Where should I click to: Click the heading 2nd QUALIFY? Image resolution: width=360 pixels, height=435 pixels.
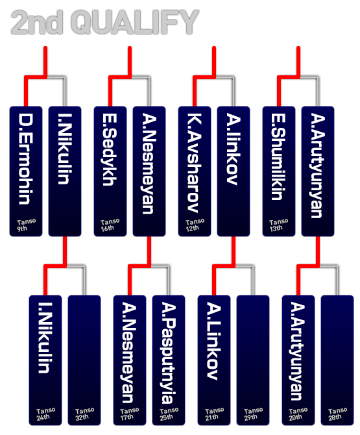click(105, 22)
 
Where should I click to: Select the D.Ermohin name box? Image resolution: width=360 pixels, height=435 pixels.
click(26, 171)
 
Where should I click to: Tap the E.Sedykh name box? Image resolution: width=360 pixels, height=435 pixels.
click(110, 171)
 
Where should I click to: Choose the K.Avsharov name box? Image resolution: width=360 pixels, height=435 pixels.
click(195, 171)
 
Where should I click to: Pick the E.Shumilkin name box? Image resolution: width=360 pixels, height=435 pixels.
click(279, 171)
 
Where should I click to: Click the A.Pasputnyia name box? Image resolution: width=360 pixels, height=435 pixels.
click(169, 360)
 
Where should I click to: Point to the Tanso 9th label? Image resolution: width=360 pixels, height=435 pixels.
click(26, 225)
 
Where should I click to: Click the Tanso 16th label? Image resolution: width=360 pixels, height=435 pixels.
click(110, 225)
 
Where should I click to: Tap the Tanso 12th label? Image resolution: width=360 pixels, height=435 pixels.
click(195, 225)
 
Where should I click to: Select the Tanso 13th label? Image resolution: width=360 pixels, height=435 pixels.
click(278, 225)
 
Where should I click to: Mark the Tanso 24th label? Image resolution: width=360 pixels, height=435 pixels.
click(45, 414)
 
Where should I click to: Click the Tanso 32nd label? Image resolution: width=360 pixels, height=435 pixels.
click(84, 414)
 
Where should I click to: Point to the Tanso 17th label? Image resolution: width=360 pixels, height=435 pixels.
click(130, 414)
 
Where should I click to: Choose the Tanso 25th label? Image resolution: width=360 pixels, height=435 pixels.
click(169, 414)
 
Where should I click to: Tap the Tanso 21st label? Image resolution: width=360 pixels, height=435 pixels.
click(214, 414)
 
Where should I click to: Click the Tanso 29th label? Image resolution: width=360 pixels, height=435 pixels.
click(253, 414)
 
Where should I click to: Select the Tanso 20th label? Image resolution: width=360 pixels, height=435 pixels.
click(298, 414)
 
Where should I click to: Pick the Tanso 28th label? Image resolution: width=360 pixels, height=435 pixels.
click(337, 414)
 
